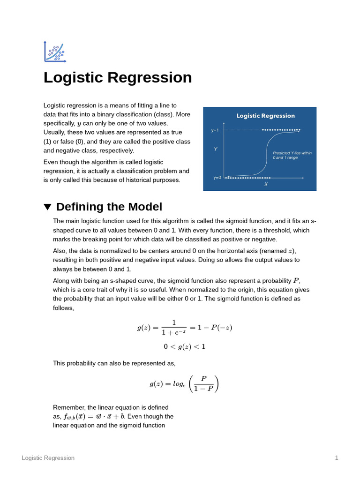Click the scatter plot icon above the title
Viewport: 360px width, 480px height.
click(x=55, y=52)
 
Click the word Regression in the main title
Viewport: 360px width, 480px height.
click(x=150, y=77)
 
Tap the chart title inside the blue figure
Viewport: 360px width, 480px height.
click(x=265, y=116)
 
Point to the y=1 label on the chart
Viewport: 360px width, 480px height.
click(x=215, y=130)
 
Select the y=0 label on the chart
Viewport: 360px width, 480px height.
click(x=217, y=178)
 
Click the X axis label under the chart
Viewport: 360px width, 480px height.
click(x=266, y=185)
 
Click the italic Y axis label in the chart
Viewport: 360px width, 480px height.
click(x=216, y=149)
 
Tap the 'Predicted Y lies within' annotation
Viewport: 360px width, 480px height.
click(x=292, y=153)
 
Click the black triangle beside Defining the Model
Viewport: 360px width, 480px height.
click(x=47, y=207)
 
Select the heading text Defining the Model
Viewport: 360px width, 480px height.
click(x=109, y=207)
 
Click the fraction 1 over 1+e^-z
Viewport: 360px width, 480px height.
click(x=173, y=328)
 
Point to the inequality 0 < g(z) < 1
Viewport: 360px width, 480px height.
click(x=184, y=347)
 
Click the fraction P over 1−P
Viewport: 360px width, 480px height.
click(x=203, y=383)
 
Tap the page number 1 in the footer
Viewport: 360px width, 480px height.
click(x=337, y=458)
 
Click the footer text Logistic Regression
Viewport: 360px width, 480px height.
click(x=48, y=458)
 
